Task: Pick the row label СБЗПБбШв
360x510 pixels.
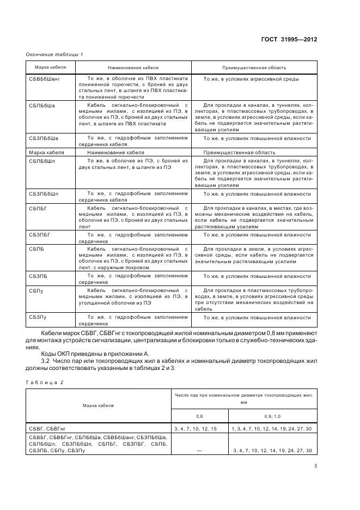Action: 43,138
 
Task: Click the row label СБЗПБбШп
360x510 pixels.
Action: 43,194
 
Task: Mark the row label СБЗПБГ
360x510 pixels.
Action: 40,234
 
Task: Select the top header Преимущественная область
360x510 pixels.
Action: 253,68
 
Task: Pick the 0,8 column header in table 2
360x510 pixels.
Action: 199,415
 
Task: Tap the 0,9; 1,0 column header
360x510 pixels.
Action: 272,415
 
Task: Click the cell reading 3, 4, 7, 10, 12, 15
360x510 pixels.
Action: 195,429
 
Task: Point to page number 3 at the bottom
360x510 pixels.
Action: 315,465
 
